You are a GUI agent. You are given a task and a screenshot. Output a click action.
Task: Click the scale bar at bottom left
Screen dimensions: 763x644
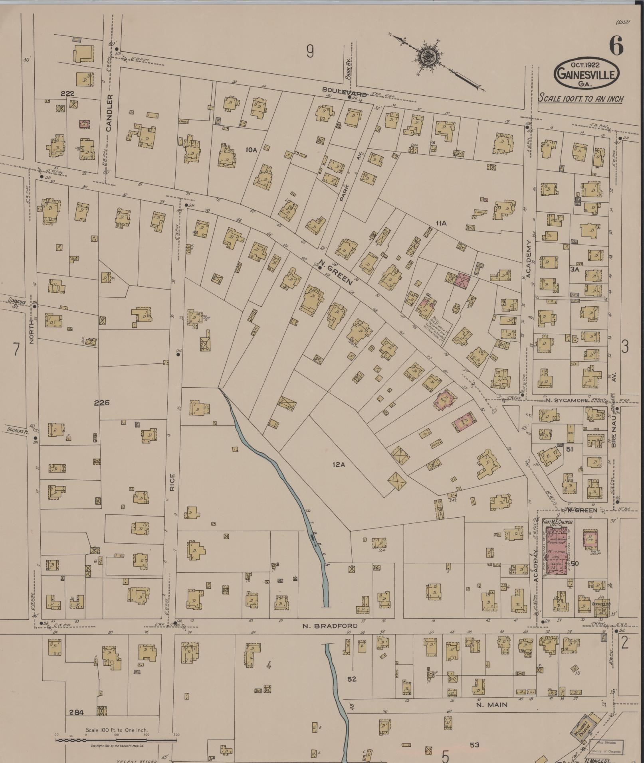(116, 740)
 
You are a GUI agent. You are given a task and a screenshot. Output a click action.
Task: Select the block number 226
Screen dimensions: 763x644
(101, 403)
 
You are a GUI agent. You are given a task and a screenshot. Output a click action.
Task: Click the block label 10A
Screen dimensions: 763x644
(251, 150)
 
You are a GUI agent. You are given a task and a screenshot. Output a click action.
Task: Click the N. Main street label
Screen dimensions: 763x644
(492, 704)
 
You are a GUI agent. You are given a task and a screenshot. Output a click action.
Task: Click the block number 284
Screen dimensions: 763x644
(76, 712)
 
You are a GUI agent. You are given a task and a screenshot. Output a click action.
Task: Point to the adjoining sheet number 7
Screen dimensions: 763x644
(16, 349)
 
